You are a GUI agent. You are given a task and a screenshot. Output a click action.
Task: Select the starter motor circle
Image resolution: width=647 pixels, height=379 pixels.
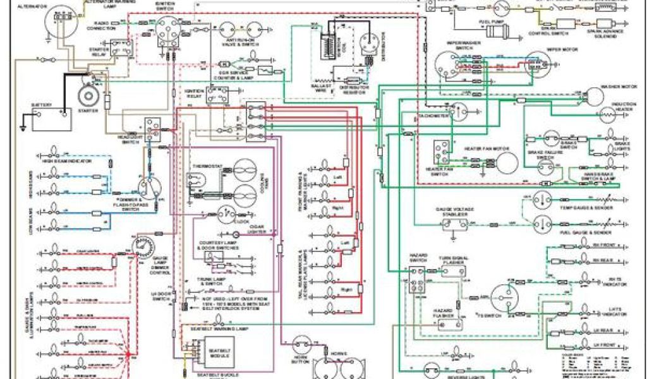click(87, 96)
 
